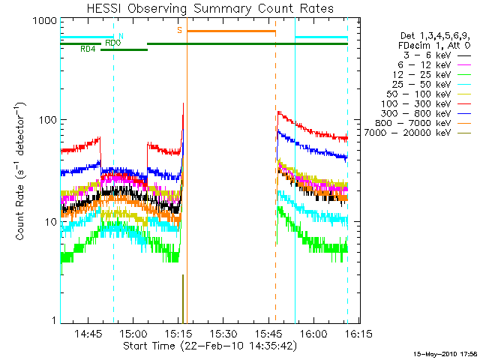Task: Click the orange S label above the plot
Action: coord(179,30)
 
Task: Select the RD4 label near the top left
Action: coord(88,49)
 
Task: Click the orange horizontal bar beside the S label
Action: coord(231,31)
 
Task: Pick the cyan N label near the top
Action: coord(121,36)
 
